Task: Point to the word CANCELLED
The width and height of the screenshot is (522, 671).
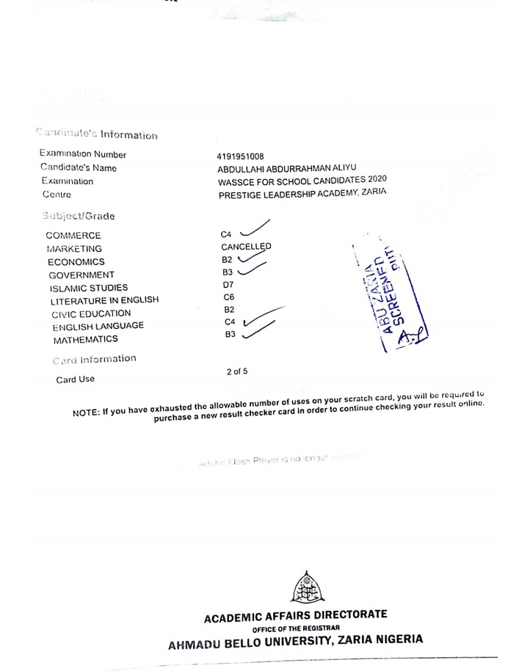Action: tap(246, 247)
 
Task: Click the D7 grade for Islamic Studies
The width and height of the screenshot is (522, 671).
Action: tap(227, 284)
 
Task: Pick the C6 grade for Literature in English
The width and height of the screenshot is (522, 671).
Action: tap(227, 297)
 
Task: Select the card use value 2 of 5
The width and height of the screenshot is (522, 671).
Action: tap(236, 372)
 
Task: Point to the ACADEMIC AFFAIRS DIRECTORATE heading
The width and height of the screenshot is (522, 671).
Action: tap(295, 614)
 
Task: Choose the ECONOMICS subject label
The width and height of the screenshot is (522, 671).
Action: tap(76, 262)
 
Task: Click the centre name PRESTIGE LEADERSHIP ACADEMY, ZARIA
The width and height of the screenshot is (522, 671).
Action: tap(302, 193)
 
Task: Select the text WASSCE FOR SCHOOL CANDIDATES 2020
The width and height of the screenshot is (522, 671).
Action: tap(302, 181)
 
